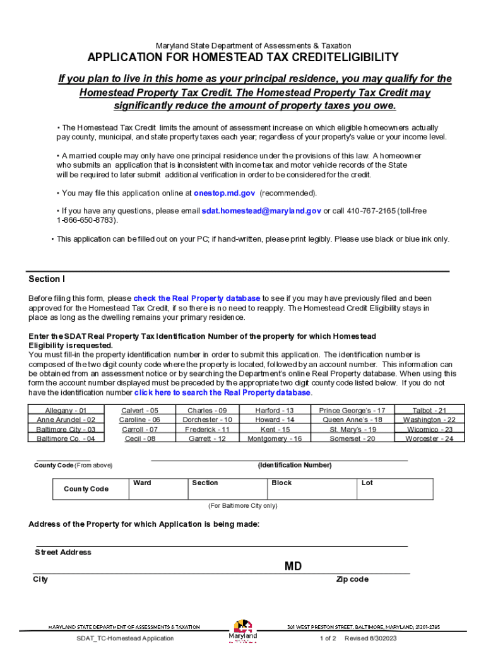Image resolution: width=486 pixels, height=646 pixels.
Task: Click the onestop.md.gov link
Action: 224,193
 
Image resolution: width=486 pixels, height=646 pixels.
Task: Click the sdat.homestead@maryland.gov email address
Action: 261,211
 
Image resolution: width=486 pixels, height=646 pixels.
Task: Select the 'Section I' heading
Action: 47,279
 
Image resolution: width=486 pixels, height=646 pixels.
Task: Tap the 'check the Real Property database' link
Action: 197,298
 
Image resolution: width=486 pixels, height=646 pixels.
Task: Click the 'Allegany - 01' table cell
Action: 57,411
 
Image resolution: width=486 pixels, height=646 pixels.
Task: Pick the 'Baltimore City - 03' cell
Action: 57,430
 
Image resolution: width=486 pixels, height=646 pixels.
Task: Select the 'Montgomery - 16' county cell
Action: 275,439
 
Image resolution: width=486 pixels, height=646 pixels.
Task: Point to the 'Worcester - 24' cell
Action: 430,439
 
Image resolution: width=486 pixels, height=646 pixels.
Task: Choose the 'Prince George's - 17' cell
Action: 352,411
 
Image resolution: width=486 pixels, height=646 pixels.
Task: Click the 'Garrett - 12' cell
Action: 207,439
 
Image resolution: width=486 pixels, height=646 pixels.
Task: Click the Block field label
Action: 282,483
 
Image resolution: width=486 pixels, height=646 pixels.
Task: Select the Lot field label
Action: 367,483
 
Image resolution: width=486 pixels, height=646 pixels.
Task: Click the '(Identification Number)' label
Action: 294,466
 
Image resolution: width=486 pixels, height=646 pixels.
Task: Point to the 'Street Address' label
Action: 63,553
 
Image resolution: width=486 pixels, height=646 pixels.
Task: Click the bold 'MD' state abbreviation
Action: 293,567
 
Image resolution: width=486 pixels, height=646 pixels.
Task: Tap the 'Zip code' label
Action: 352,580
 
